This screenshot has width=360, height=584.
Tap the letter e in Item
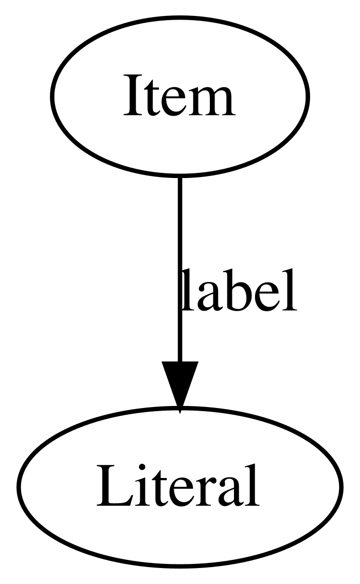(x=172, y=102)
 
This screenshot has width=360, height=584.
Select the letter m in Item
(x=210, y=101)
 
